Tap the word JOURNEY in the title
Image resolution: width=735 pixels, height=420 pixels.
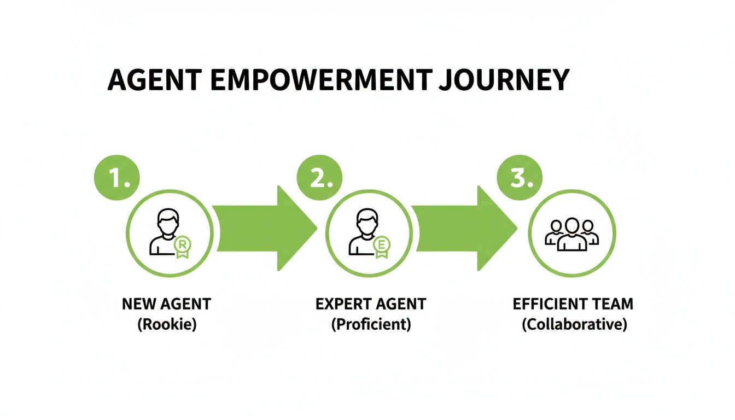click(504, 80)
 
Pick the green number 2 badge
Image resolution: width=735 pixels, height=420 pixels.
click(319, 178)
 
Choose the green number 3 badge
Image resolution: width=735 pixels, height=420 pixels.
click(518, 178)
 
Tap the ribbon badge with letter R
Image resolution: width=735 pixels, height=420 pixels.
click(182, 246)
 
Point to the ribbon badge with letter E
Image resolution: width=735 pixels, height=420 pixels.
click(381, 246)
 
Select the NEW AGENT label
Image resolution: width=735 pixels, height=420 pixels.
click(166, 304)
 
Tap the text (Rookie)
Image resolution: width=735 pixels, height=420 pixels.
click(166, 324)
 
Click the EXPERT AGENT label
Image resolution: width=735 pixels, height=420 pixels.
click(371, 304)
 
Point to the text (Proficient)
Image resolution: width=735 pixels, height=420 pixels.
click(371, 324)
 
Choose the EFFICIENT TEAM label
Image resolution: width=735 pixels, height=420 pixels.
click(573, 304)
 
